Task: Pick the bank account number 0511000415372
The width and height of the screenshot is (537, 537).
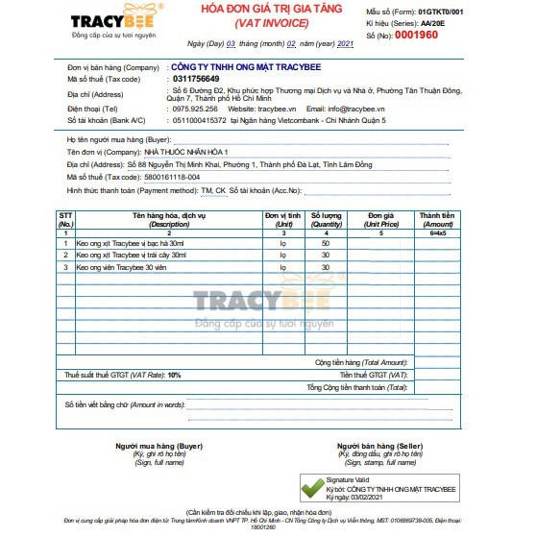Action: point(197,120)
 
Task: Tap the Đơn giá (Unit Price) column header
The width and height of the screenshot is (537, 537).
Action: point(381,220)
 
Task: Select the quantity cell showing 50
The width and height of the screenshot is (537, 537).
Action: point(326,243)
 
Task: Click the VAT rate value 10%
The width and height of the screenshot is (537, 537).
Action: point(174,374)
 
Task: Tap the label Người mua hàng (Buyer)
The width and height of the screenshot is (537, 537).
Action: point(159,446)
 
